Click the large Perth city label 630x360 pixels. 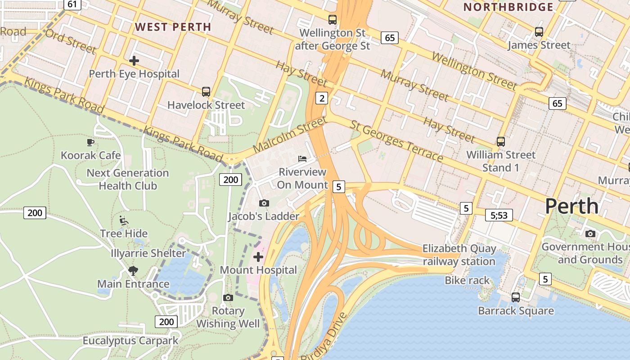(x=571, y=206)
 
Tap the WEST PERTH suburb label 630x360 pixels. (x=173, y=27)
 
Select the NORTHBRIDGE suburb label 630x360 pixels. (x=508, y=7)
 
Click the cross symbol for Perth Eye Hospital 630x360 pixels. (x=134, y=60)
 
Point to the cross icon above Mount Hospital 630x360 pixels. (x=258, y=257)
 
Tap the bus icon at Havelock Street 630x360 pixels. (x=206, y=92)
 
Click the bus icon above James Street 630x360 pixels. (x=539, y=32)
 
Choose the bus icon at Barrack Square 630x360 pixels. (x=516, y=297)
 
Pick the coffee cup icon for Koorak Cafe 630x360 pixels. (x=90, y=143)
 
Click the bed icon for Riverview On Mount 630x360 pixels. (x=302, y=159)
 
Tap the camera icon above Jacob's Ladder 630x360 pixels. (x=264, y=203)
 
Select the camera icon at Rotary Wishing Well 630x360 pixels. (x=228, y=297)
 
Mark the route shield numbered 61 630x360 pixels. (x=72, y=4)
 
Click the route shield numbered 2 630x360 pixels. (x=321, y=98)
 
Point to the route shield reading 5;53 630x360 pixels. (x=499, y=216)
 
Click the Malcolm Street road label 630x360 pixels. (x=289, y=135)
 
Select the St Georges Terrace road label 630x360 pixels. (x=396, y=141)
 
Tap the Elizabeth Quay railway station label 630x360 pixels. (x=459, y=255)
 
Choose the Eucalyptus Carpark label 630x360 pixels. (x=130, y=341)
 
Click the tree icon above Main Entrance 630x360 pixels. (x=133, y=270)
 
